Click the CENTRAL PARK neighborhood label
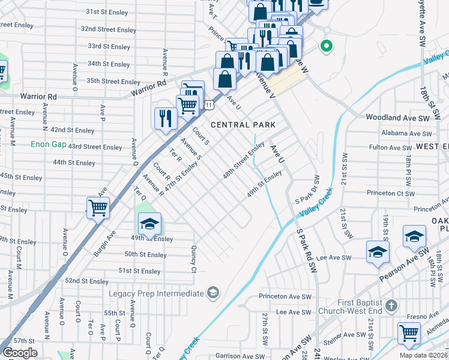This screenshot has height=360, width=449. tap(243, 125)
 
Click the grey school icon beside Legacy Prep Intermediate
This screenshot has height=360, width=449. tap(212, 293)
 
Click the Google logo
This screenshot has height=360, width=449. tap(20, 353)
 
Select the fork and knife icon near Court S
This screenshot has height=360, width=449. tap(164, 118)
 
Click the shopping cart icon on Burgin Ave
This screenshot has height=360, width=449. tap(97, 208)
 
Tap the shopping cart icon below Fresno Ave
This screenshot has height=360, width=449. tap(408, 332)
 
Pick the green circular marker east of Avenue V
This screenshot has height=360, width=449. tap(327, 45)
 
